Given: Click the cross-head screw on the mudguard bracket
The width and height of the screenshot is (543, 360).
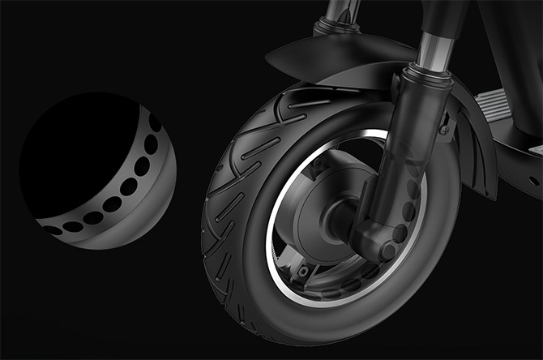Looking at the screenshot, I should tap(443, 127).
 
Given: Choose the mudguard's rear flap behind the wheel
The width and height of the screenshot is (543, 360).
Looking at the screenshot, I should tap(478, 162).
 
